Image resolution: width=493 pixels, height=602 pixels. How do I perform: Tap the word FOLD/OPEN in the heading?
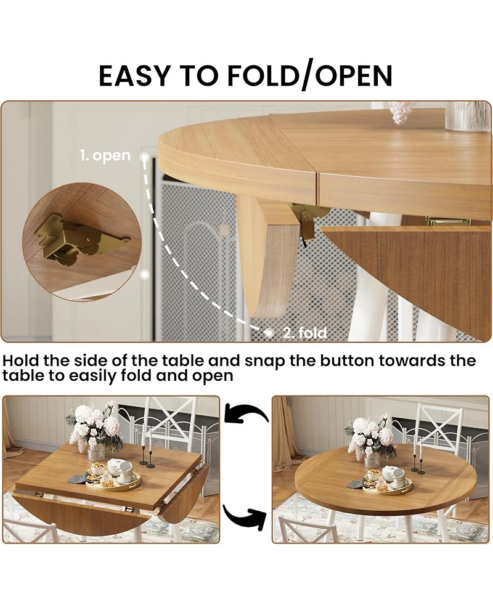click(310, 76)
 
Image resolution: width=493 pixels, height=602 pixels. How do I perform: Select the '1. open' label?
click(105, 155)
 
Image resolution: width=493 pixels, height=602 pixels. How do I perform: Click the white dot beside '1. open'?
click(144, 157)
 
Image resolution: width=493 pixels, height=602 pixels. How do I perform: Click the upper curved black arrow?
click(246, 412)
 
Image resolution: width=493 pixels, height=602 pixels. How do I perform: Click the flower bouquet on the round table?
click(370, 436)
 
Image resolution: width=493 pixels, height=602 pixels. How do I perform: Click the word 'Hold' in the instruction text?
click(21, 361)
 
